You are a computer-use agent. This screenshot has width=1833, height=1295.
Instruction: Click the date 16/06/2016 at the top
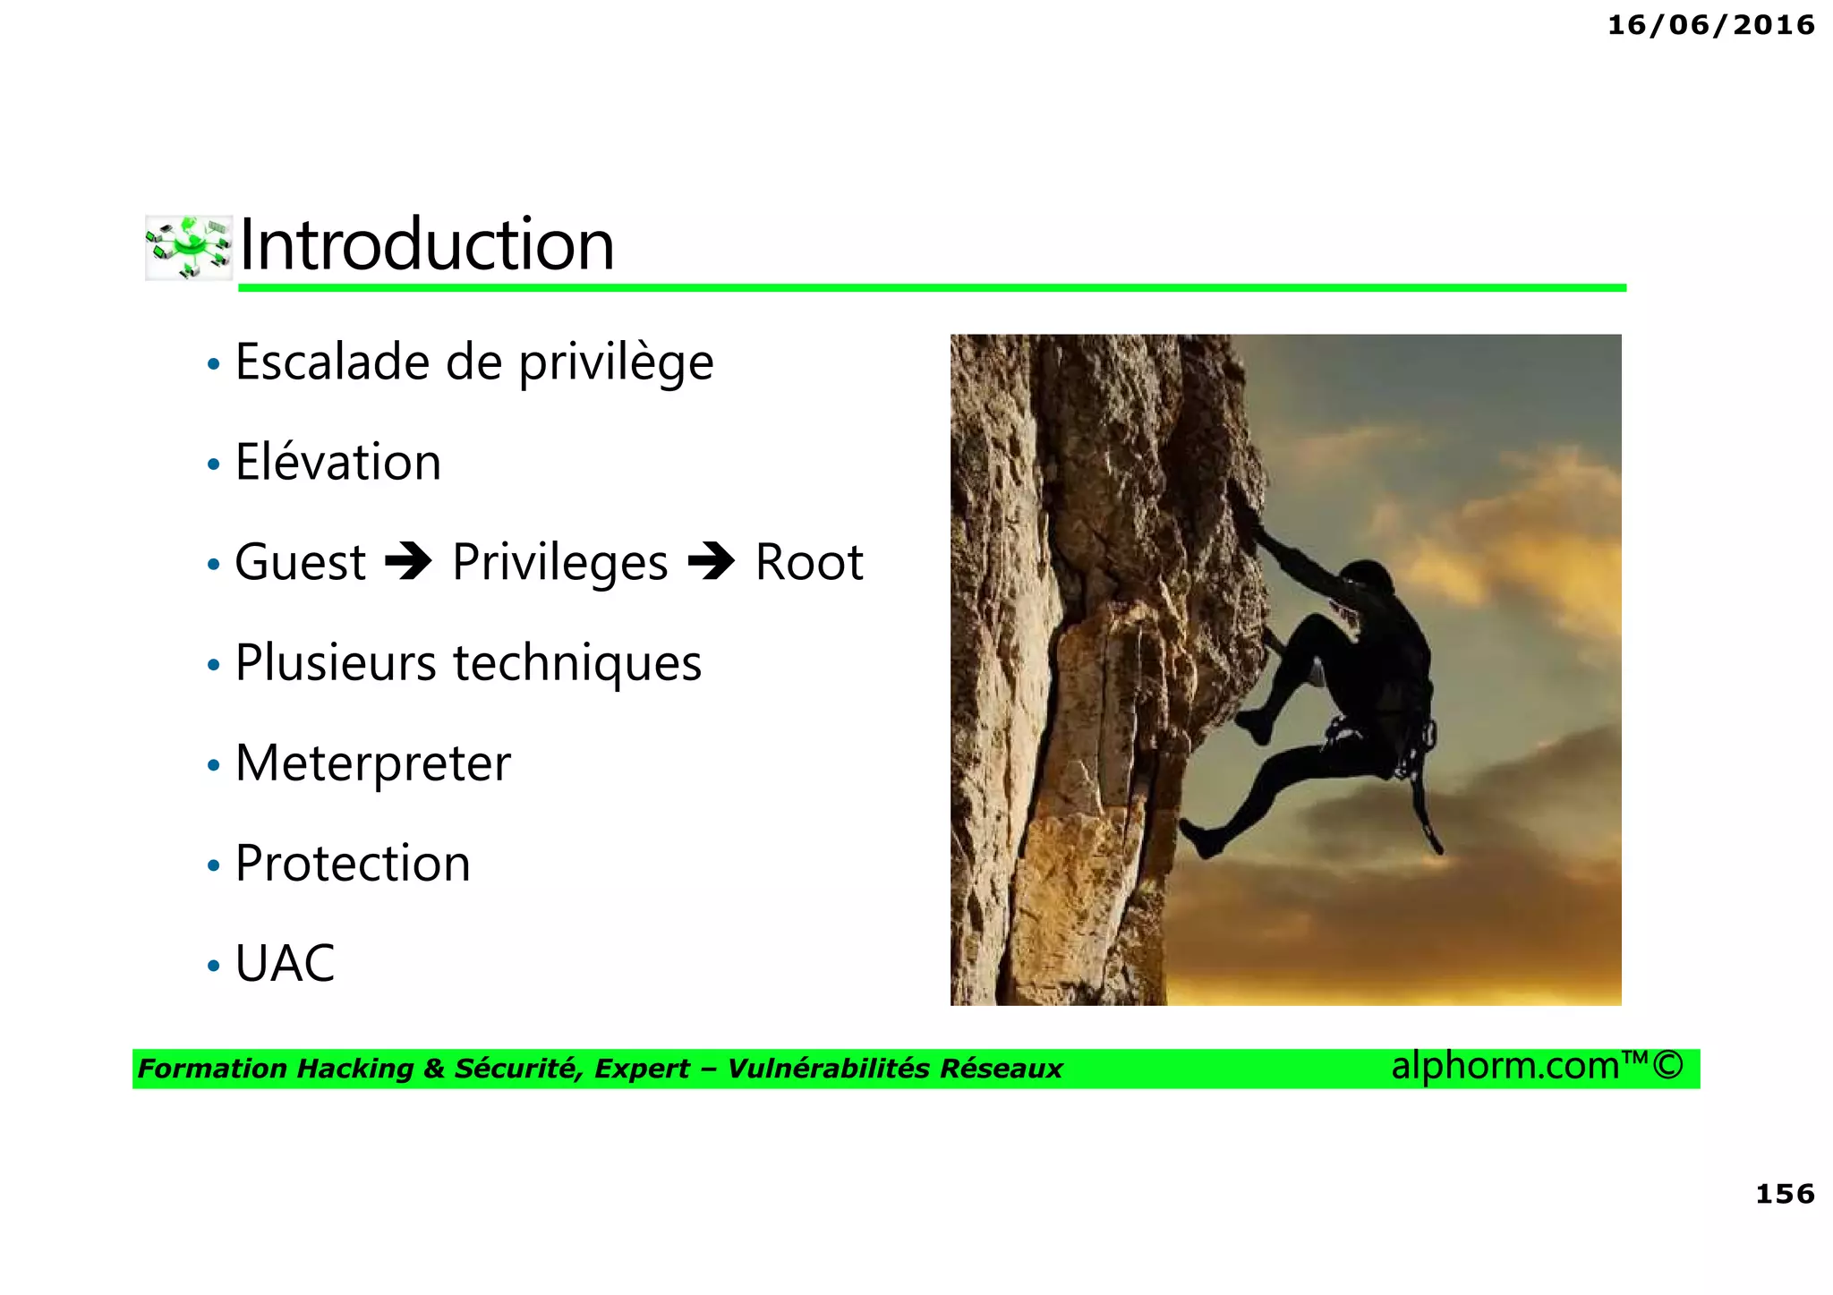(x=1710, y=25)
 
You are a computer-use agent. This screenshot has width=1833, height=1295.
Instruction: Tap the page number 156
(x=1785, y=1194)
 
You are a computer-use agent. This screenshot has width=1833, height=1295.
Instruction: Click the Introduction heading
(x=427, y=245)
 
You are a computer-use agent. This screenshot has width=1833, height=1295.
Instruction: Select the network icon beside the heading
(x=189, y=247)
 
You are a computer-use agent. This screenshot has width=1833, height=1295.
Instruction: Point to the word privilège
(x=616, y=364)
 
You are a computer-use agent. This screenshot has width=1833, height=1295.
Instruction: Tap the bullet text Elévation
(x=337, y=463)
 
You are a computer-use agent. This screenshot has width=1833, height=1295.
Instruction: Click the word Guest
(x=300, y=563)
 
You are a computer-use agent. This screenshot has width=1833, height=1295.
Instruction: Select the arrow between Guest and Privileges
(x=408, y=562)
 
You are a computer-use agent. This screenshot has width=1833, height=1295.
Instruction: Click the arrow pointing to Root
(x=712, y=562)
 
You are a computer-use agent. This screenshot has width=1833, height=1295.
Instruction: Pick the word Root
(x=808, y=563)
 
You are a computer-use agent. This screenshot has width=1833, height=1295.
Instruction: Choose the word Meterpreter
(x=372, y=763)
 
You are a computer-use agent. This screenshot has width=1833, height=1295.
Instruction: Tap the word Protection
(x=353, y=864)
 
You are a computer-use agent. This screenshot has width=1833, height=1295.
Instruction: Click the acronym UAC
(x=285, y=964)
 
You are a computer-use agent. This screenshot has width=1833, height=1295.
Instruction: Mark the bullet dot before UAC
(x=213, y=967)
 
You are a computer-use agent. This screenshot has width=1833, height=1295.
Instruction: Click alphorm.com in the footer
(x=1505, y=1066)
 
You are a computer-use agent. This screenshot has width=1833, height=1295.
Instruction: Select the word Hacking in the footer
(x=354, y=1069)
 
